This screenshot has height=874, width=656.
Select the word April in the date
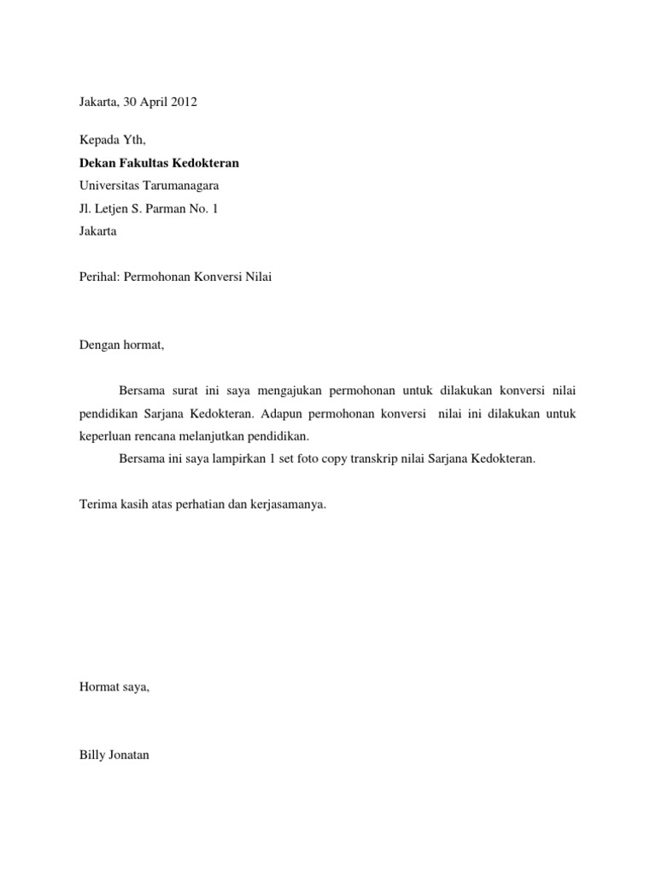pyautogui.click(x=151, y=103)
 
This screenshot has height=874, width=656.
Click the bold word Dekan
pyautogui.click(x=97, y=163)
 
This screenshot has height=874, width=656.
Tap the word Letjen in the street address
pyautogui.click(x=111, y=207)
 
